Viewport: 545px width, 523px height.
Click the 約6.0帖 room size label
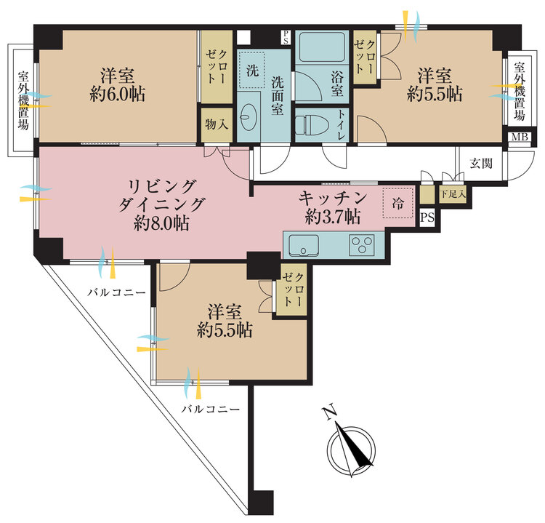tap(118, 94)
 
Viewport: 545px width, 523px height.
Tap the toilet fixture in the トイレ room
tap(312, 124)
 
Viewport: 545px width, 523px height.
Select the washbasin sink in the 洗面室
tap(249, 117)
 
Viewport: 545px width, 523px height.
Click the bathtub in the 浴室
tap(321, 47)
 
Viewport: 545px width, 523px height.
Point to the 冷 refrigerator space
tap(398, 202)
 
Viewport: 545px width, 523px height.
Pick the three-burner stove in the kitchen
tap(363, 244)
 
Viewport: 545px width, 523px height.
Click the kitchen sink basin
tap(304, 245)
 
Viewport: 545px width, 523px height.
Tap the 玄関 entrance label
tap(481, 163)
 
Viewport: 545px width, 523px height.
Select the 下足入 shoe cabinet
tap(453, 194)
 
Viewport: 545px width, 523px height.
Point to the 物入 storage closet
tap(217, 124)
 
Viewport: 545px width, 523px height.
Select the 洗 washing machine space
tap(253, 71)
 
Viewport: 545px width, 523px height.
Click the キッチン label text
tap(333, 198)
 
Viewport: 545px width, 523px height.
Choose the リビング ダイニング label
tap(161, 196)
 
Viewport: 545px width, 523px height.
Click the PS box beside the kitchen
tap(427, 217)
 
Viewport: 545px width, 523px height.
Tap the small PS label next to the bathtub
tap(286, 37)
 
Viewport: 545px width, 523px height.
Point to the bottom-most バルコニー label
tap(211, 409)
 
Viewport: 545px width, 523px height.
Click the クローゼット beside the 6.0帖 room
tap(217, 67)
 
